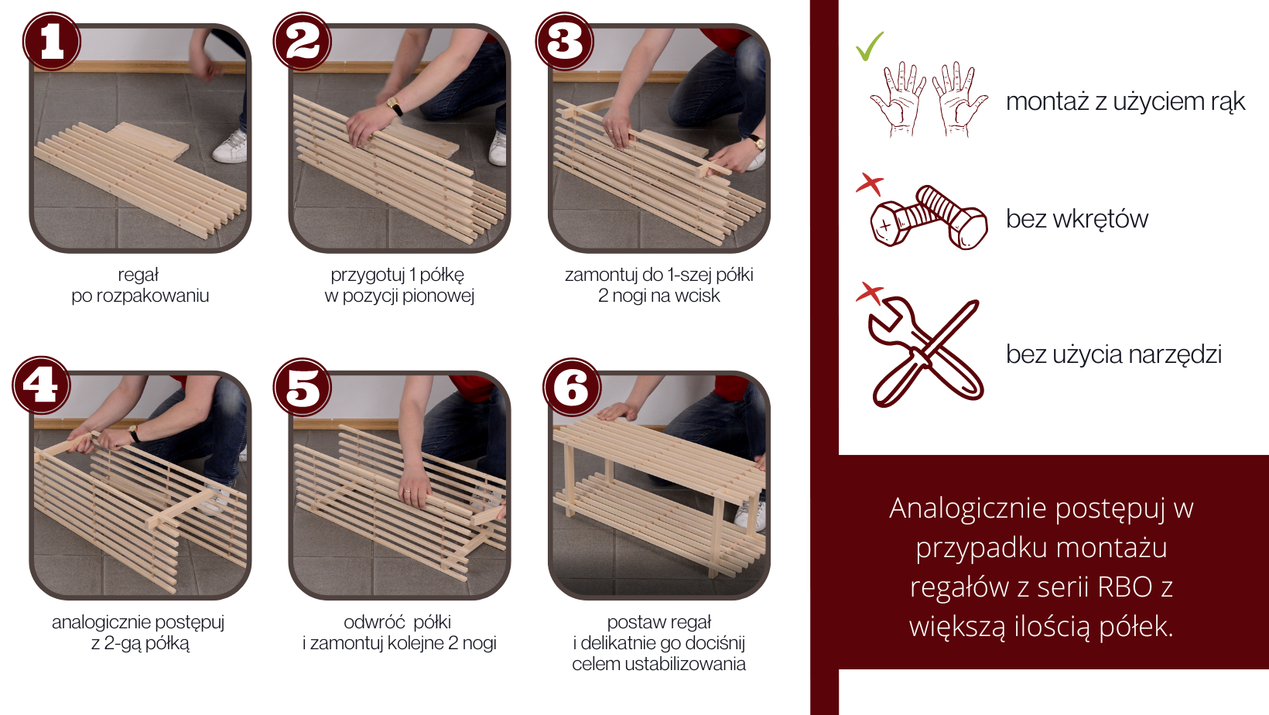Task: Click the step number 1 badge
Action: coord(52,41)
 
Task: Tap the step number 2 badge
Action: coord(302,41)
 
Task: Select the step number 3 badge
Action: coord(564,41)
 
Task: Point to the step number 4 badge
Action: coord(41,385)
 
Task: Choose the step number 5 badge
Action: coord(302,388)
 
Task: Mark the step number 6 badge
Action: coord(572,388)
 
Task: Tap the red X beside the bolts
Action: coord(871,184)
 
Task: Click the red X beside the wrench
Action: coord(871,293)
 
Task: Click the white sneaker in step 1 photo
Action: coord(231,148)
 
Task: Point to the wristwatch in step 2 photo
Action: coord(395,106)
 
